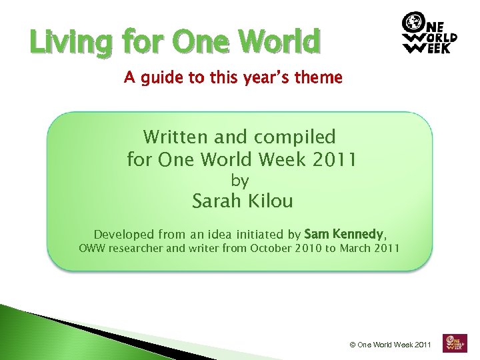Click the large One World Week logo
(429, 33)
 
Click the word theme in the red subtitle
(318, 78)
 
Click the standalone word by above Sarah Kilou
(240, 181)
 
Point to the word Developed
(123, 234)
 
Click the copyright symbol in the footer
(353, 345)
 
